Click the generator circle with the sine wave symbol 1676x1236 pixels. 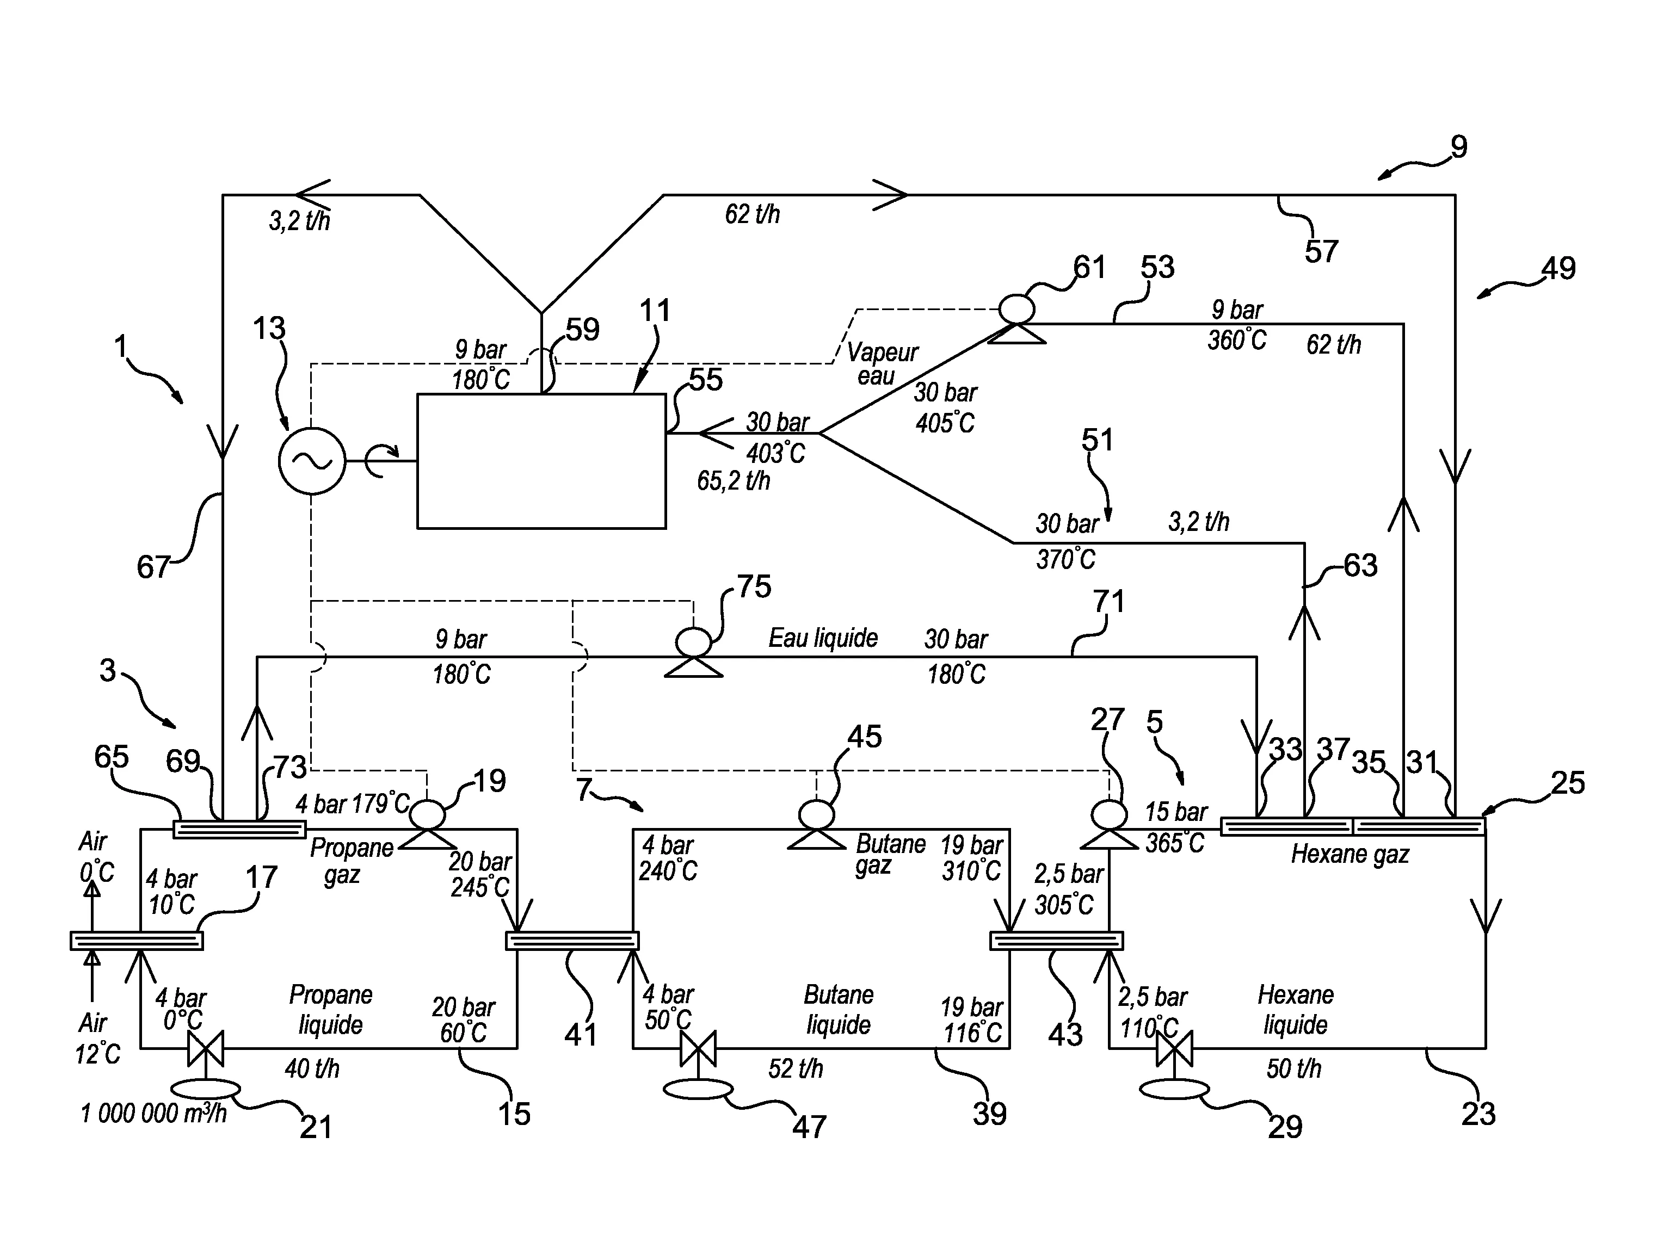coord(312,461)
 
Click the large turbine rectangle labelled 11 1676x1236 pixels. coord(541,461)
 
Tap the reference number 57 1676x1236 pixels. coord(1321,251)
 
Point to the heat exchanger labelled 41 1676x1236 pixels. coord(572,941)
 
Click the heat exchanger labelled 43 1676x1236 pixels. coord(1057,941)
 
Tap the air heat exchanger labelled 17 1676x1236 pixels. coord(136,941)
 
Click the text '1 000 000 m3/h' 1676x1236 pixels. coord(153,1113)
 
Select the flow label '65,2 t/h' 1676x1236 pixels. coord(734,480)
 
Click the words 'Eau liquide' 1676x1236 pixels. coord(823,638)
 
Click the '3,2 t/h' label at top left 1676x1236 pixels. coord(299,221)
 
